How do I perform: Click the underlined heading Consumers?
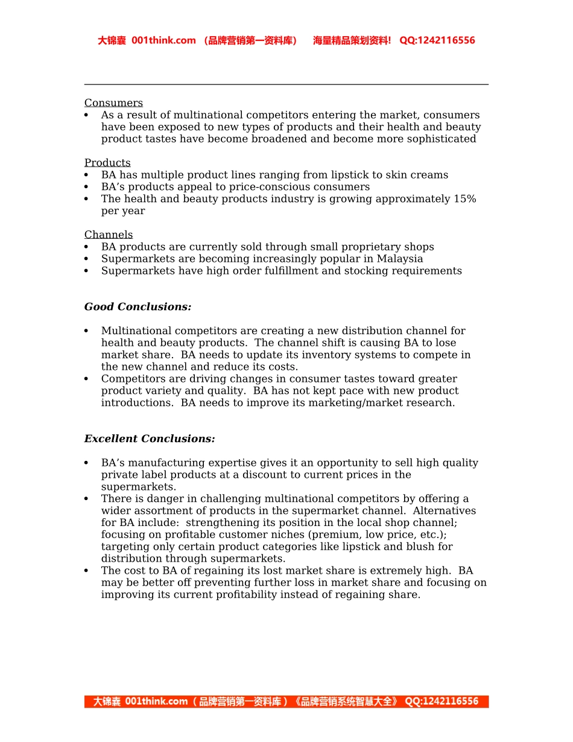(x=113, y=103)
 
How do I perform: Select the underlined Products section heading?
(x=107, y=163)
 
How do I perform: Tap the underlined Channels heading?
(x=109, y=235)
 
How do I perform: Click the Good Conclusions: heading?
(x=138, y=307)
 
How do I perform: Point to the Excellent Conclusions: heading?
(x=150, y=439)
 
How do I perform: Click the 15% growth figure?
(x=464, y=199)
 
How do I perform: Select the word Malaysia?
(x=400, y=259)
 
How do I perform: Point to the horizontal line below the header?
(x=286, y=84)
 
